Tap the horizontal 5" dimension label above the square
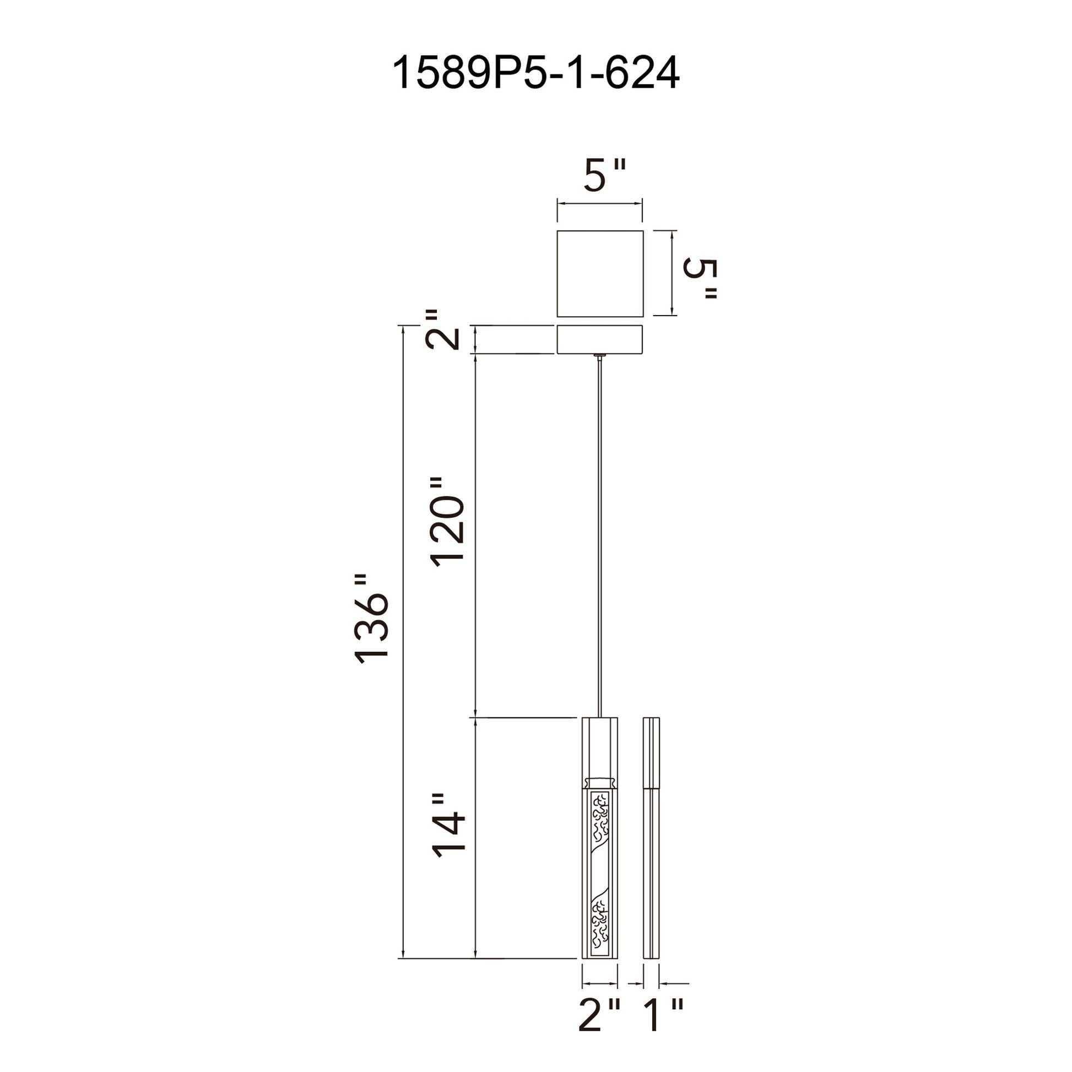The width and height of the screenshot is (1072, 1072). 604,175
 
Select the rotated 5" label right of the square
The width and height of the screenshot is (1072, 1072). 700,279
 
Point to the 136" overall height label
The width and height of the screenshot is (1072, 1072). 372,619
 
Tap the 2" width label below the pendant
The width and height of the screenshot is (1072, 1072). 600,1014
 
